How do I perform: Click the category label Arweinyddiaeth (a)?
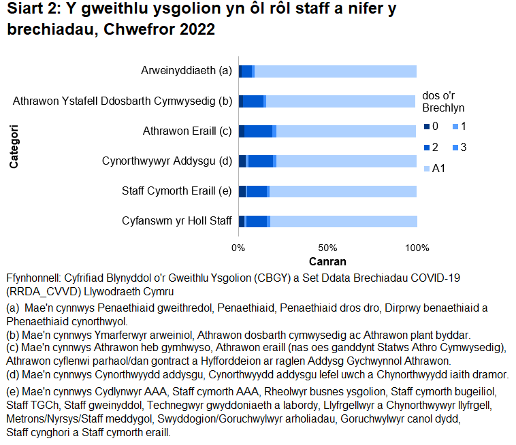pos(187,71)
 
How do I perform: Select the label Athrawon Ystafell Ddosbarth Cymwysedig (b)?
pos(123,102)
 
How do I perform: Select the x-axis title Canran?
pos(327,262)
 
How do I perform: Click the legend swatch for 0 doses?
pos(426,127)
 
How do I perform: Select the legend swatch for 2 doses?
pos(426,148)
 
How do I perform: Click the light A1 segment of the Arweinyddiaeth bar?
pos(335,71)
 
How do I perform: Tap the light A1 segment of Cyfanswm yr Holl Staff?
pos(343,221)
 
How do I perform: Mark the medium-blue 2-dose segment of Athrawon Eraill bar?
pos(258,131)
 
